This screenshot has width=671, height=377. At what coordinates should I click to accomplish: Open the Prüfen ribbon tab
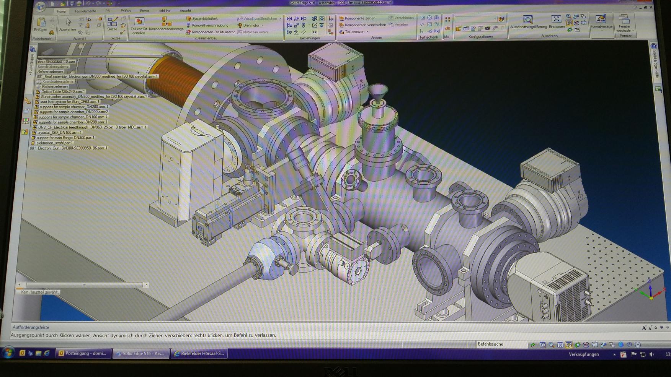click(x=126, y=11)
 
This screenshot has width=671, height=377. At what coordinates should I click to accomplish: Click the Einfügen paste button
click(x=41, y=24)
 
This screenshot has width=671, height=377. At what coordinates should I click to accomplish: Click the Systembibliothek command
click(x=204, y=18)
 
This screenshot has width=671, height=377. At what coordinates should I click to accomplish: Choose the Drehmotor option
click(x=251, y=25)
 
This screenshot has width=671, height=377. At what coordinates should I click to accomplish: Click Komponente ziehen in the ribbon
click(x=359, y=18)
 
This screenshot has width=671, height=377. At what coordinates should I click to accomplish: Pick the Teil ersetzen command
click(x=354, y=32)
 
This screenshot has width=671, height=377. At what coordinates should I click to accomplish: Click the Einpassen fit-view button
click(x=556, y=22)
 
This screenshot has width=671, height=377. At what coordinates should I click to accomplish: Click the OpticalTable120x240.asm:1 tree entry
click(x=63, y=92)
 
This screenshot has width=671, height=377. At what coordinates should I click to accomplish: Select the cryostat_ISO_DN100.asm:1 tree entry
click(x=59, y=132)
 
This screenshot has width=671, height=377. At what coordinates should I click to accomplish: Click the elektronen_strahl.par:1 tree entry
click(x=54, y=143)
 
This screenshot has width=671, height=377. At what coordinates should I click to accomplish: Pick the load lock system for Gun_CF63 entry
click(x=69, y=102)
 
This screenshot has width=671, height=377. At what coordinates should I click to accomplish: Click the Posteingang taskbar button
click(x=83, y=353)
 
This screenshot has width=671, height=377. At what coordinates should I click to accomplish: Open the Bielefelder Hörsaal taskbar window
click(x=199, y=353)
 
